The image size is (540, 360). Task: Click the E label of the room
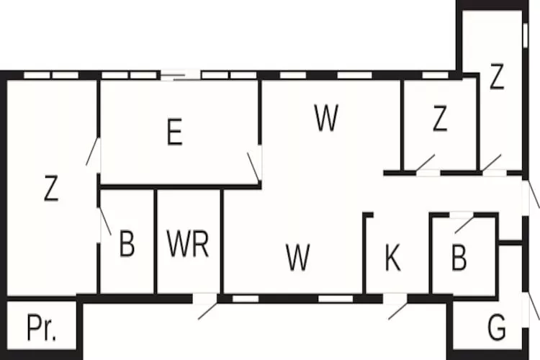[174, 133]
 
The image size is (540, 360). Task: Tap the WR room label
[188, 245]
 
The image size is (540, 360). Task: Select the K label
[392, 258]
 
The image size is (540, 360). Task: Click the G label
[496, 328]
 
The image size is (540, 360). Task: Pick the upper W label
[326, 119]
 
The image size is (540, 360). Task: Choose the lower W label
[297, 257]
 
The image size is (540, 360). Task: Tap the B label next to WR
[127, 245]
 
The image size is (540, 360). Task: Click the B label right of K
[459, 258]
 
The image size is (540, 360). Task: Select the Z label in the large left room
[50, 189]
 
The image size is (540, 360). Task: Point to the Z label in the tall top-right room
[496, 78]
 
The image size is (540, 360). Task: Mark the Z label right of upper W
[440, 120]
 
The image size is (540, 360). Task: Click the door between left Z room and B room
[104, 222]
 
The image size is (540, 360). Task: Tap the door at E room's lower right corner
[253, 166]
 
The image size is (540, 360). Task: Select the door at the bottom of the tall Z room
[492, 163]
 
